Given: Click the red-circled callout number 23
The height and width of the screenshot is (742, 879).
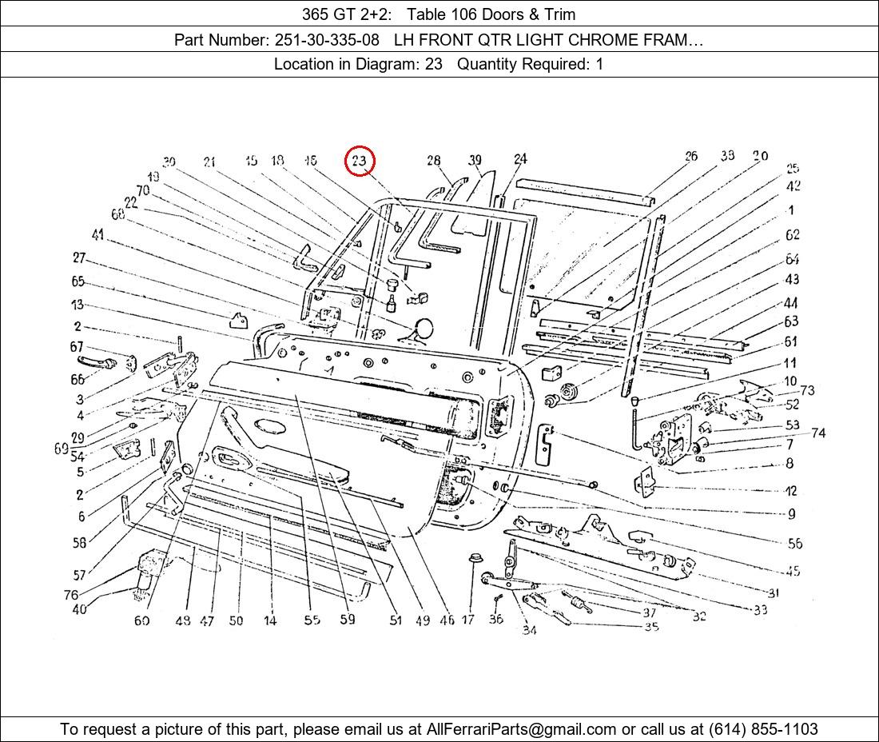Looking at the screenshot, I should pyautogui.click(x=360, y=162).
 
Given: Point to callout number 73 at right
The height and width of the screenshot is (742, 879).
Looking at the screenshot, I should pyautogui.click(x=807, y=390).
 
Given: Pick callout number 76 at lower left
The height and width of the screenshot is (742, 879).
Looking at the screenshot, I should pyautogui.click(x=71, y=595).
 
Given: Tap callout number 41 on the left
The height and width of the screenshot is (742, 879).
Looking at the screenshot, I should pyautogui.click(x=97, y=235).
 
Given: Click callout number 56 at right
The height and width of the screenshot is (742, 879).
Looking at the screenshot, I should pyautogui.click(x=794, y=543).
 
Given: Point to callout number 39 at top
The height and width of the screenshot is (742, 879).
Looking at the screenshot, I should pyautogui.click(x=475, y=161).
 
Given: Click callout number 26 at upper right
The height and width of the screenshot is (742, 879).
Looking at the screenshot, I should pyautogui.click(x=691, y=156).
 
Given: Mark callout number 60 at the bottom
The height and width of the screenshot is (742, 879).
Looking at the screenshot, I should pyautogui.click(x=141, y=620).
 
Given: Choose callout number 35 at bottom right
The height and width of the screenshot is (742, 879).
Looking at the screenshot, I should pyautogui.click(x=651, y=627).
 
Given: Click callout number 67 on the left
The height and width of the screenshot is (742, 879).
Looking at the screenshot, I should pyautogui.click(x=77, y=347).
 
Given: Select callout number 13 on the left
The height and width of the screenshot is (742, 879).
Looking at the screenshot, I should pyautogui.click(x=77, y=305).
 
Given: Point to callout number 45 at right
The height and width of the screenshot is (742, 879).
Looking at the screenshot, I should pyautogui.click(x=793, y=571).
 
